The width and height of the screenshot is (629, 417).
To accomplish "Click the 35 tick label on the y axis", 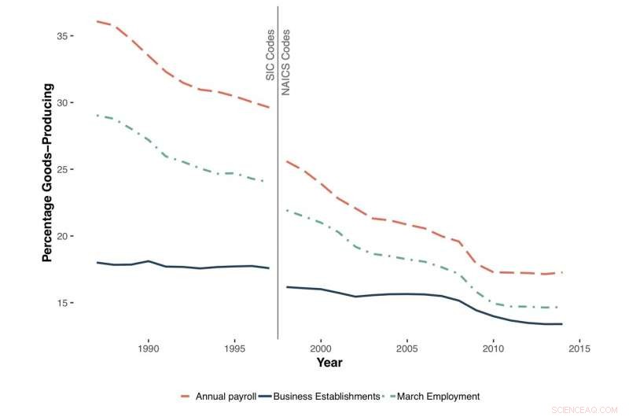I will pos(73,36).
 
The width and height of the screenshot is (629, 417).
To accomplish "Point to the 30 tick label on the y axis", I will pos(73,103).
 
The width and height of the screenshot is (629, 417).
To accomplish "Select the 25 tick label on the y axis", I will pos(73,170).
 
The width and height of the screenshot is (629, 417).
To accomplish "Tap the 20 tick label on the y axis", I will pos(73,236).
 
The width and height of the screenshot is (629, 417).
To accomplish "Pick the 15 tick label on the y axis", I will pos(73,303).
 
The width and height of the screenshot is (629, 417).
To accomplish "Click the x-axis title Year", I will pos(329,363).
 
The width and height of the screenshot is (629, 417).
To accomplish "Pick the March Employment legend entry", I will pos(436,397).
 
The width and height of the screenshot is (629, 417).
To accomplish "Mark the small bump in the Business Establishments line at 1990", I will pos(149,260).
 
